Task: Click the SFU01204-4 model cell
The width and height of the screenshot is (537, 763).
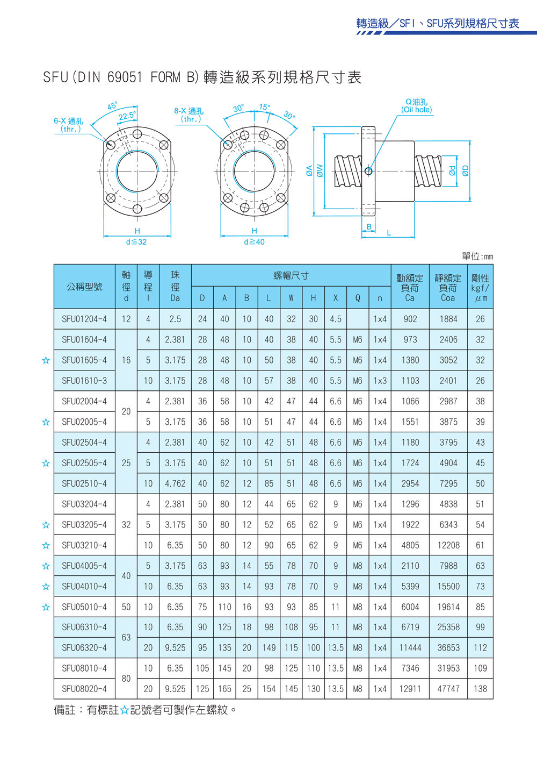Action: click(84, 319)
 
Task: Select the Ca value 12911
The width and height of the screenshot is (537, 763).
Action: click(410, 689)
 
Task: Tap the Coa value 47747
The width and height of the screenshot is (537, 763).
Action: click(448, 689)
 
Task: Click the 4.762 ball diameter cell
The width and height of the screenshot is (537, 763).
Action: click(175, 483)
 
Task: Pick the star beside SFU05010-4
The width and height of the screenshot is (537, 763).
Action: click(46, 607)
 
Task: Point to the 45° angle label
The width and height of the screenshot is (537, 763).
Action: click(113, 105)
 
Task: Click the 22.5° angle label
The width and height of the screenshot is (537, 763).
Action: click(127, 116)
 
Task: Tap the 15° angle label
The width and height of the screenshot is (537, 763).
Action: click(265, 108)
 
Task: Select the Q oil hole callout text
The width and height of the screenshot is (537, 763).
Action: click(416, 105)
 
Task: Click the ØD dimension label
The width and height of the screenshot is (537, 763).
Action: click(465, 170)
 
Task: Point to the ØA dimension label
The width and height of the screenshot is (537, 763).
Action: click(309, 170)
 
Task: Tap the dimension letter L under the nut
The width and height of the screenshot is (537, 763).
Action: click(389, 233)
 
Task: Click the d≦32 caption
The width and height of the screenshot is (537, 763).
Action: click(136, 242)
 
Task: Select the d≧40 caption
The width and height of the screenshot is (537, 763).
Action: click(255, 242)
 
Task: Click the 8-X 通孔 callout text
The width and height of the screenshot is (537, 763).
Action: click(188, 115)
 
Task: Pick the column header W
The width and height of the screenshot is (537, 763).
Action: click(291, 298)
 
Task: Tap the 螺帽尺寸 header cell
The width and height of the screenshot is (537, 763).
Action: click(291, 275)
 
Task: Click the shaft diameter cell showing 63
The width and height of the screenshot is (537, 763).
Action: click(126, 637)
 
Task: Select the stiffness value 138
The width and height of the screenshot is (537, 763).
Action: click(480, 689)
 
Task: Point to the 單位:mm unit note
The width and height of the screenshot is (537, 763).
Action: click(477, 256)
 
